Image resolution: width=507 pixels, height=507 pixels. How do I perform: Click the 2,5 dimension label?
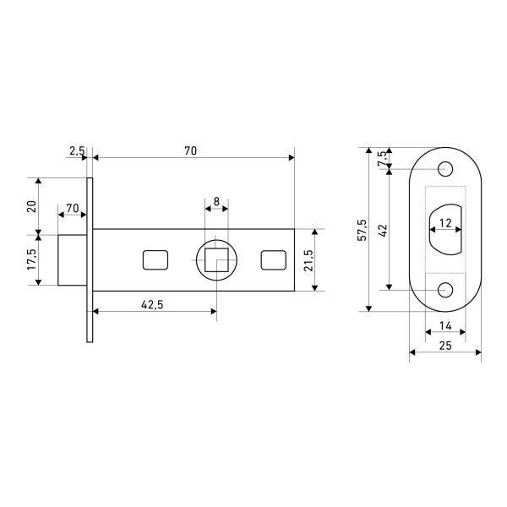(x=77, y=150)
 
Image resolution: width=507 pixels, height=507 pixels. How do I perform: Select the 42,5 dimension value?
(x=152, y=304)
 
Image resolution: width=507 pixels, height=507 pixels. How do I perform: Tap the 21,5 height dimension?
(x=308, y=260)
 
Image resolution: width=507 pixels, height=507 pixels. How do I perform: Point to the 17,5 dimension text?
(x=32, y=259)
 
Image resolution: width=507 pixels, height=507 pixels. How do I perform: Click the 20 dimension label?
(x=31, y=206)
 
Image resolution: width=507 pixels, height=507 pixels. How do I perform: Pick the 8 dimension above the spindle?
(x=216, y=201)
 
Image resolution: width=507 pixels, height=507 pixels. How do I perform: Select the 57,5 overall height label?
(x=363, y=230)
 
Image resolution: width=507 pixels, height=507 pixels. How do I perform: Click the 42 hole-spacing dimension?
(x=383, y=231)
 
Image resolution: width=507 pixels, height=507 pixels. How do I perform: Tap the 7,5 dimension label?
(x=382, y=158)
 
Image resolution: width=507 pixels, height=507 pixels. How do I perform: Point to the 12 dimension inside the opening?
(x=445, y=223)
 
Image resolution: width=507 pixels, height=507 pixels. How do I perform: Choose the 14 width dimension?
(x=445, y=325)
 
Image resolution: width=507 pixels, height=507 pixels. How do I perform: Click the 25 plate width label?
(x=445, y=346)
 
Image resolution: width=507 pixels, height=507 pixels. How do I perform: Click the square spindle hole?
(x=216, y=260)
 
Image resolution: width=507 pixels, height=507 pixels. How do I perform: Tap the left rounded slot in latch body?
(x=155, y=260)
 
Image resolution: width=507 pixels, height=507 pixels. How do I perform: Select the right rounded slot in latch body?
(x=274, y=260)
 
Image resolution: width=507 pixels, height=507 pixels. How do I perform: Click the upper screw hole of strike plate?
(x=445, y=169)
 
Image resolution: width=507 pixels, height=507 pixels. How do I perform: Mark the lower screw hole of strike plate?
(x=445, y=290)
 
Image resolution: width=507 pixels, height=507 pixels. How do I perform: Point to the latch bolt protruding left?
(x=73, y=260)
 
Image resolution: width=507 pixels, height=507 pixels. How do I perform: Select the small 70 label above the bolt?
(x=73, y=208)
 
